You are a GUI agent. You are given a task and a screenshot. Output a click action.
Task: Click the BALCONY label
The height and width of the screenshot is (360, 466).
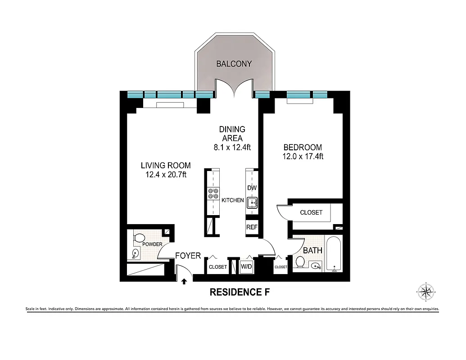click(x=234, y=64)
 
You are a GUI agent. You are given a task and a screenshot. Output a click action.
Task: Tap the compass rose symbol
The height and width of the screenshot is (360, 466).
click(x=425, y=291)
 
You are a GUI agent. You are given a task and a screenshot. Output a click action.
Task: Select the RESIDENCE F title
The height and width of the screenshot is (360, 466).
click(x=240, y=292)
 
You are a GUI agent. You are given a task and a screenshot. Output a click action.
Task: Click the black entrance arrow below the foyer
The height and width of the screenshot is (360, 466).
click(x=184, y=282)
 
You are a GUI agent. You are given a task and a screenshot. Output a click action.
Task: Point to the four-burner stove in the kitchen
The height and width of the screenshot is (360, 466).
click(x=213, y=193)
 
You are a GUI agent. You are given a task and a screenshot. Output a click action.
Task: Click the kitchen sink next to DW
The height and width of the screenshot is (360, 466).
click(x=252, y=203)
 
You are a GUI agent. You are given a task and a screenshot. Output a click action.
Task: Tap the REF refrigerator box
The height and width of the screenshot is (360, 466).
click(x=252, y=227)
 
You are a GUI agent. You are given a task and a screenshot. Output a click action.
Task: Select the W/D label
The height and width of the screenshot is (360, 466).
click(x=246, y=267)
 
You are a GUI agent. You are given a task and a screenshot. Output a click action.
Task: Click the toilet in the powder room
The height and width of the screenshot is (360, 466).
click(x=140, y=237)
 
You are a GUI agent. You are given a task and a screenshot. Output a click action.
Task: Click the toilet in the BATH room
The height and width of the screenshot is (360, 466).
click(x=300, y=262)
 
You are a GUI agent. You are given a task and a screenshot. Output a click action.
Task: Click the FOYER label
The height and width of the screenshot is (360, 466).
click(x=188, y=256)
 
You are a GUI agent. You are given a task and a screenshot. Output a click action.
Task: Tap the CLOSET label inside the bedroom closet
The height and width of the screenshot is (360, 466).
click(x=311, y=212)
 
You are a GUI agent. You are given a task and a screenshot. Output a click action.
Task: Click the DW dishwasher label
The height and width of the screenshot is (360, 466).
click(x=252, y=188)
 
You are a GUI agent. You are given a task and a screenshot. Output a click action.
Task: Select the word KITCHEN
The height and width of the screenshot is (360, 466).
click(x=232, y=200)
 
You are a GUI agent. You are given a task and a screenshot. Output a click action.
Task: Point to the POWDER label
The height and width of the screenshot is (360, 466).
click(x=152, y=244)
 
